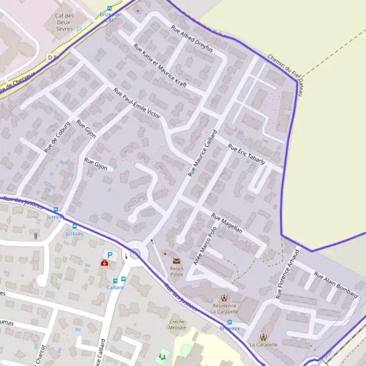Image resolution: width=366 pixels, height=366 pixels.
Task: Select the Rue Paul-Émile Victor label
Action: point(137,104)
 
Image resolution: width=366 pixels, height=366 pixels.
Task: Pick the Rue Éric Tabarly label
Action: point(246,154)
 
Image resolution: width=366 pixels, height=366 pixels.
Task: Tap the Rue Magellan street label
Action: point(227,223)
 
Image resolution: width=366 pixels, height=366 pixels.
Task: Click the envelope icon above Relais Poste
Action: point(176,260)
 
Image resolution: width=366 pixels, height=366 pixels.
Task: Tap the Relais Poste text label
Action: point(176,271)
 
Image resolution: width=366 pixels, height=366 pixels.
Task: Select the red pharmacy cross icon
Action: point(104,264)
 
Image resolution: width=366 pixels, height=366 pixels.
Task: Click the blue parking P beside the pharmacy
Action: point(110,255)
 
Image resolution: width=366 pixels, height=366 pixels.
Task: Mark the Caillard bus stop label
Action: point(115,287)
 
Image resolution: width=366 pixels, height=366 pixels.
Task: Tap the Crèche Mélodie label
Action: point(178,324)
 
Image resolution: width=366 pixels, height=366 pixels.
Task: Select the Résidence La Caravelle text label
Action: point(224,307)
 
